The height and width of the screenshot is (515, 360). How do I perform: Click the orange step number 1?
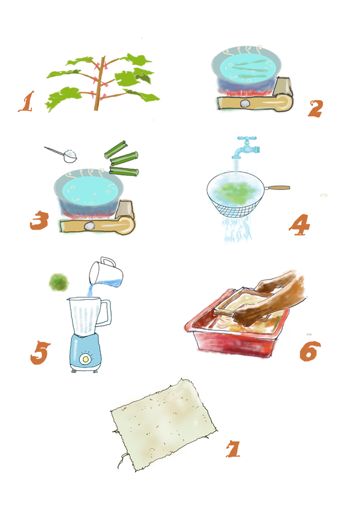26,101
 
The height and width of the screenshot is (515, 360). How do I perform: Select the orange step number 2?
315,109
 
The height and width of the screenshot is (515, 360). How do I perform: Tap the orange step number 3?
39,220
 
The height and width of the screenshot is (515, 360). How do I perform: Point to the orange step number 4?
299,225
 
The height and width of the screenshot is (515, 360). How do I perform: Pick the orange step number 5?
40,353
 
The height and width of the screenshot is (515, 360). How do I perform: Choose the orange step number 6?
310,351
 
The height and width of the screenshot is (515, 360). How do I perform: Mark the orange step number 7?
233,449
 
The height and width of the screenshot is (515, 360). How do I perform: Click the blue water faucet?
246,147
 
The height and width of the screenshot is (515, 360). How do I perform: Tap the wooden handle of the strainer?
277,188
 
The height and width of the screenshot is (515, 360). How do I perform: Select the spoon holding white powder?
62,154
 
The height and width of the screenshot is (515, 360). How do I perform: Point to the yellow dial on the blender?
85,359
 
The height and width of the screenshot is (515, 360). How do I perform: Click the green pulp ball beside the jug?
59,282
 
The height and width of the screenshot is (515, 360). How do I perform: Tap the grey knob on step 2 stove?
245,104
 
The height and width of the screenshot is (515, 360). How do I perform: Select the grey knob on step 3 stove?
89,226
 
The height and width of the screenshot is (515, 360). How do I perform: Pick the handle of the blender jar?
106,314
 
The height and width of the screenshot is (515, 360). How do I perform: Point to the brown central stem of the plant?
99,83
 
